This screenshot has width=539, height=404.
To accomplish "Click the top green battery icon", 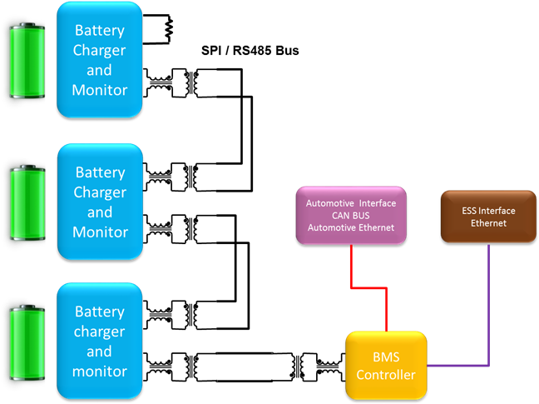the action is [x=27, y=61].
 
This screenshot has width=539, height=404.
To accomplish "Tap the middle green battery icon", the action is [x=27, y=202].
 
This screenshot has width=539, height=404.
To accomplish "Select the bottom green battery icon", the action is [x=27, y=342].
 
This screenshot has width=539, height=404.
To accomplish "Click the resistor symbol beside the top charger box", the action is [x=168, y=29].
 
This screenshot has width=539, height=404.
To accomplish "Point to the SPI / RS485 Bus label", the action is [x=250, y=51].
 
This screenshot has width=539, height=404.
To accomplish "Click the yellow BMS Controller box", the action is [x=386, y=366].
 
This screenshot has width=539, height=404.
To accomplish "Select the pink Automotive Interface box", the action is [x=351, y=216].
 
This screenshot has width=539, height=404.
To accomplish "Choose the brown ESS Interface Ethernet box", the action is [x=488, y=217].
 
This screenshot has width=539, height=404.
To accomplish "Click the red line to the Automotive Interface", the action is [x=368, y=287].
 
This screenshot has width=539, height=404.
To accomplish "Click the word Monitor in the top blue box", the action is [x=100, y=90].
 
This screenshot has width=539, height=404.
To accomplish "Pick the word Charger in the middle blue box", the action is [x=100, y=192].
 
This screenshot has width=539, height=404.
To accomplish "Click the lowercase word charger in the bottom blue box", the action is [x=99, y=332].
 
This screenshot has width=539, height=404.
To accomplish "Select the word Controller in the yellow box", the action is [x=386, y=375].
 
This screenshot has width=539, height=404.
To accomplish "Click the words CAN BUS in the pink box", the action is [x=351, y=216].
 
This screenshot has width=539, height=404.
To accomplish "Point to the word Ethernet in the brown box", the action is [x=488, y=223].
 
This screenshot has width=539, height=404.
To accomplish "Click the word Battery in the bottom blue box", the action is [x=100, y=312].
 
